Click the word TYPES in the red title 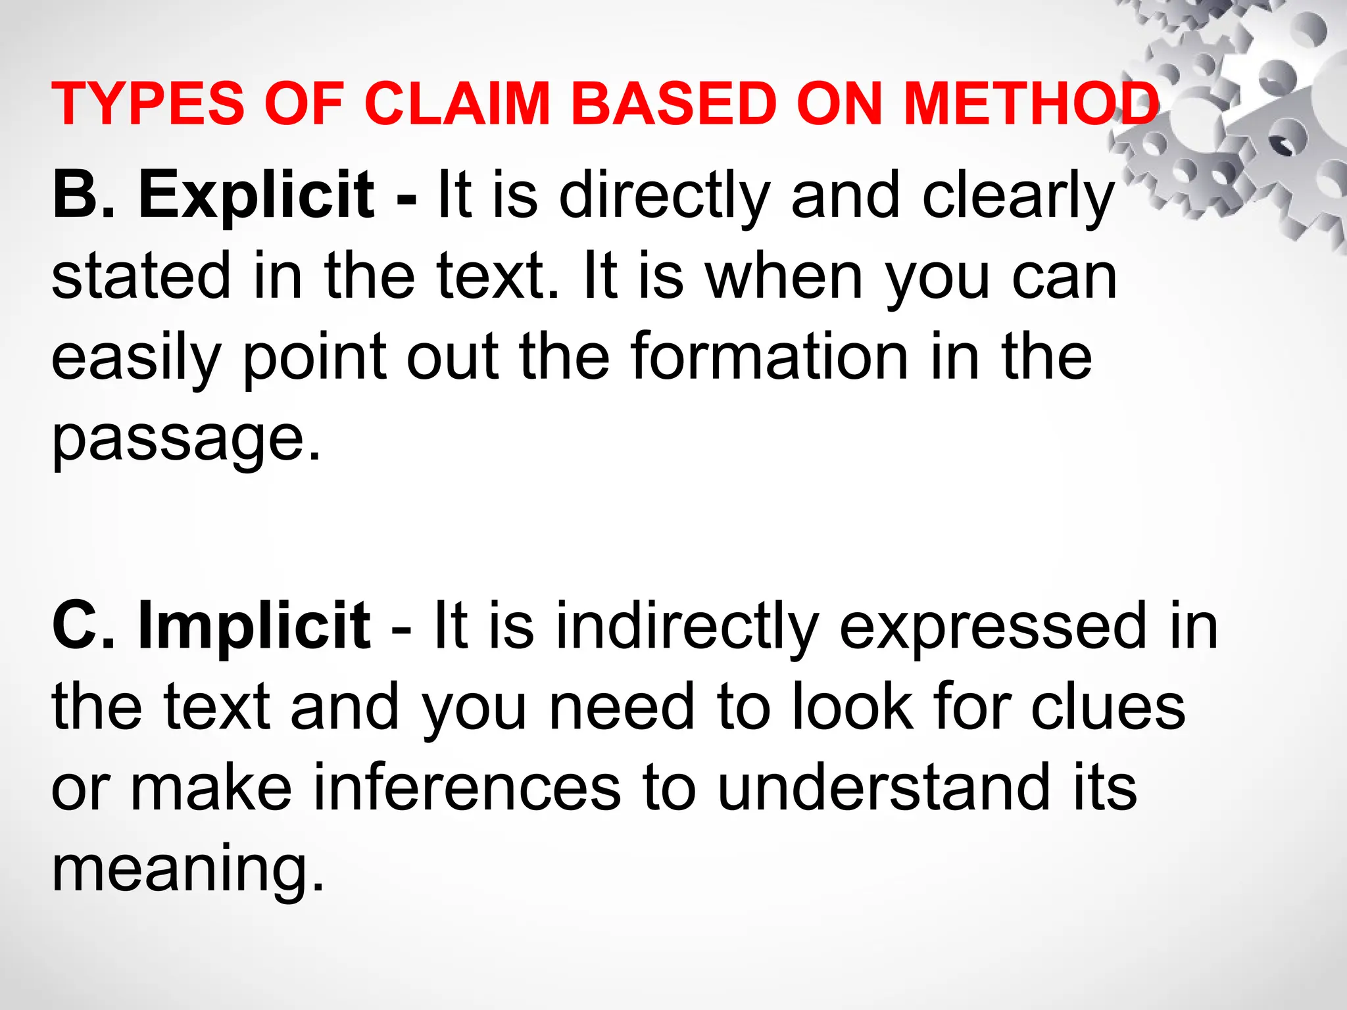pos(148,104)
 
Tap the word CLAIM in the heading pos(456,104)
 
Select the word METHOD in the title pos(1031,104)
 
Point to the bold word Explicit pos(257,195)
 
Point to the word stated pos(141,276)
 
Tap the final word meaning pos(187,869)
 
